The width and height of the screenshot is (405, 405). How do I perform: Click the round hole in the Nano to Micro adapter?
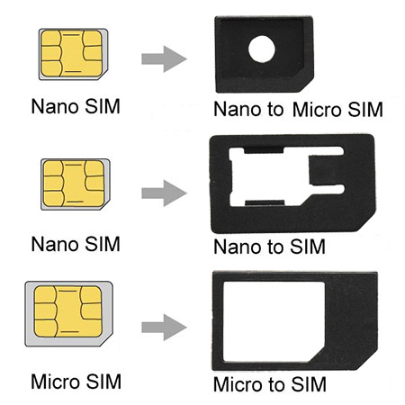[x=262, y=49]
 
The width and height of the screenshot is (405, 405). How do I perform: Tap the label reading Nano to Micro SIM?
[x=298, y=109]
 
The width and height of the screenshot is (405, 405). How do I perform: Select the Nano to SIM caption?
[x=269, y=247]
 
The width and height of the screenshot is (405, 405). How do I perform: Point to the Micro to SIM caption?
[x=270, y=384]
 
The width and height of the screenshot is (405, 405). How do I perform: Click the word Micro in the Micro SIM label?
[x=55, y=382]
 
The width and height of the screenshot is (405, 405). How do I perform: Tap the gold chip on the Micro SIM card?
[x=67, y=311]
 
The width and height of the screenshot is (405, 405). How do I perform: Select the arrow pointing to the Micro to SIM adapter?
[x=164, y=327]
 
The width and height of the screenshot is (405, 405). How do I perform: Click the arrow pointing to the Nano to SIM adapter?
[x=164, y=193]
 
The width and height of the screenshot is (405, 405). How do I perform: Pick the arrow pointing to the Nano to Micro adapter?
[x=164, y=58]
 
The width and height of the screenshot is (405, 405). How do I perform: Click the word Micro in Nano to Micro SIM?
[x=317, y=109]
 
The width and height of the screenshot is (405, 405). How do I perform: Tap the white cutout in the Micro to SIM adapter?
[x=274, y=321]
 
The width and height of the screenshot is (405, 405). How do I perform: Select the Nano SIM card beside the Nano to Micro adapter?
[x=73, y=54]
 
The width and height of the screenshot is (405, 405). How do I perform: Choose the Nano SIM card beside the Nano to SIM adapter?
[x=76, y=184]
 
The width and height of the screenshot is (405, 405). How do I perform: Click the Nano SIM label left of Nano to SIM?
[x=76, y=244]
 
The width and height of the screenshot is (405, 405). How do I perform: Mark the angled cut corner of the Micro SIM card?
[x=107, y=340]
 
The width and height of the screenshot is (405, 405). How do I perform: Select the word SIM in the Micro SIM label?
[x=103, y=382]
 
